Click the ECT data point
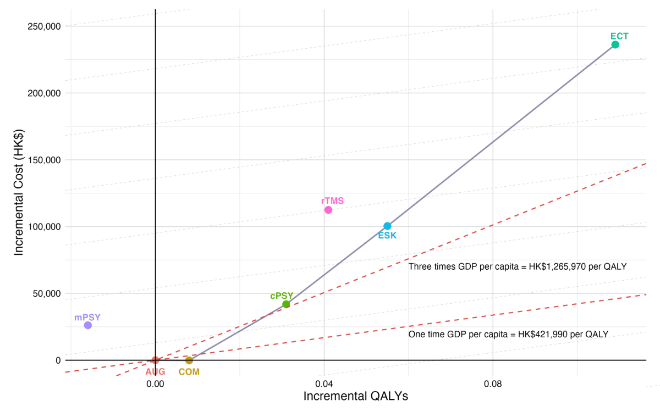pyautogui.click(x=615, y=44)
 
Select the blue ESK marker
pyautogui.click(x=387, y=226)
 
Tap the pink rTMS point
pyautogui.click(x=328, y=210)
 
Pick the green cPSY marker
pyautogui.click(x=286, y=304)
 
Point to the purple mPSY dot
pyautogui.click(x=88, y=325)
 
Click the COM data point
pyautogui.click(x=189, y=360)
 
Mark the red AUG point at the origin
pyautogui.click(x=155, y=360)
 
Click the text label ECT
pyautogui.click(x=619, y=36)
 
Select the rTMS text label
pyautogui.click(x=333, y=201)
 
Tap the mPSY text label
pyautogui.click(x=87, y=318)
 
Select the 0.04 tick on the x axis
pyautogui.click(x=324, y=382)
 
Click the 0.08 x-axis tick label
pyautogui.click(x=493, y=382)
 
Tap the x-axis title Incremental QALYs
pyautogui.click(x=356, y=396)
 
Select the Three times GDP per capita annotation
pyautogui.click(x=518, y=266)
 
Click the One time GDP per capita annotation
pyautogui.click(x=508, y=334)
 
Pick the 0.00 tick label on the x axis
pyautogui.click(x=156, y=382)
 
